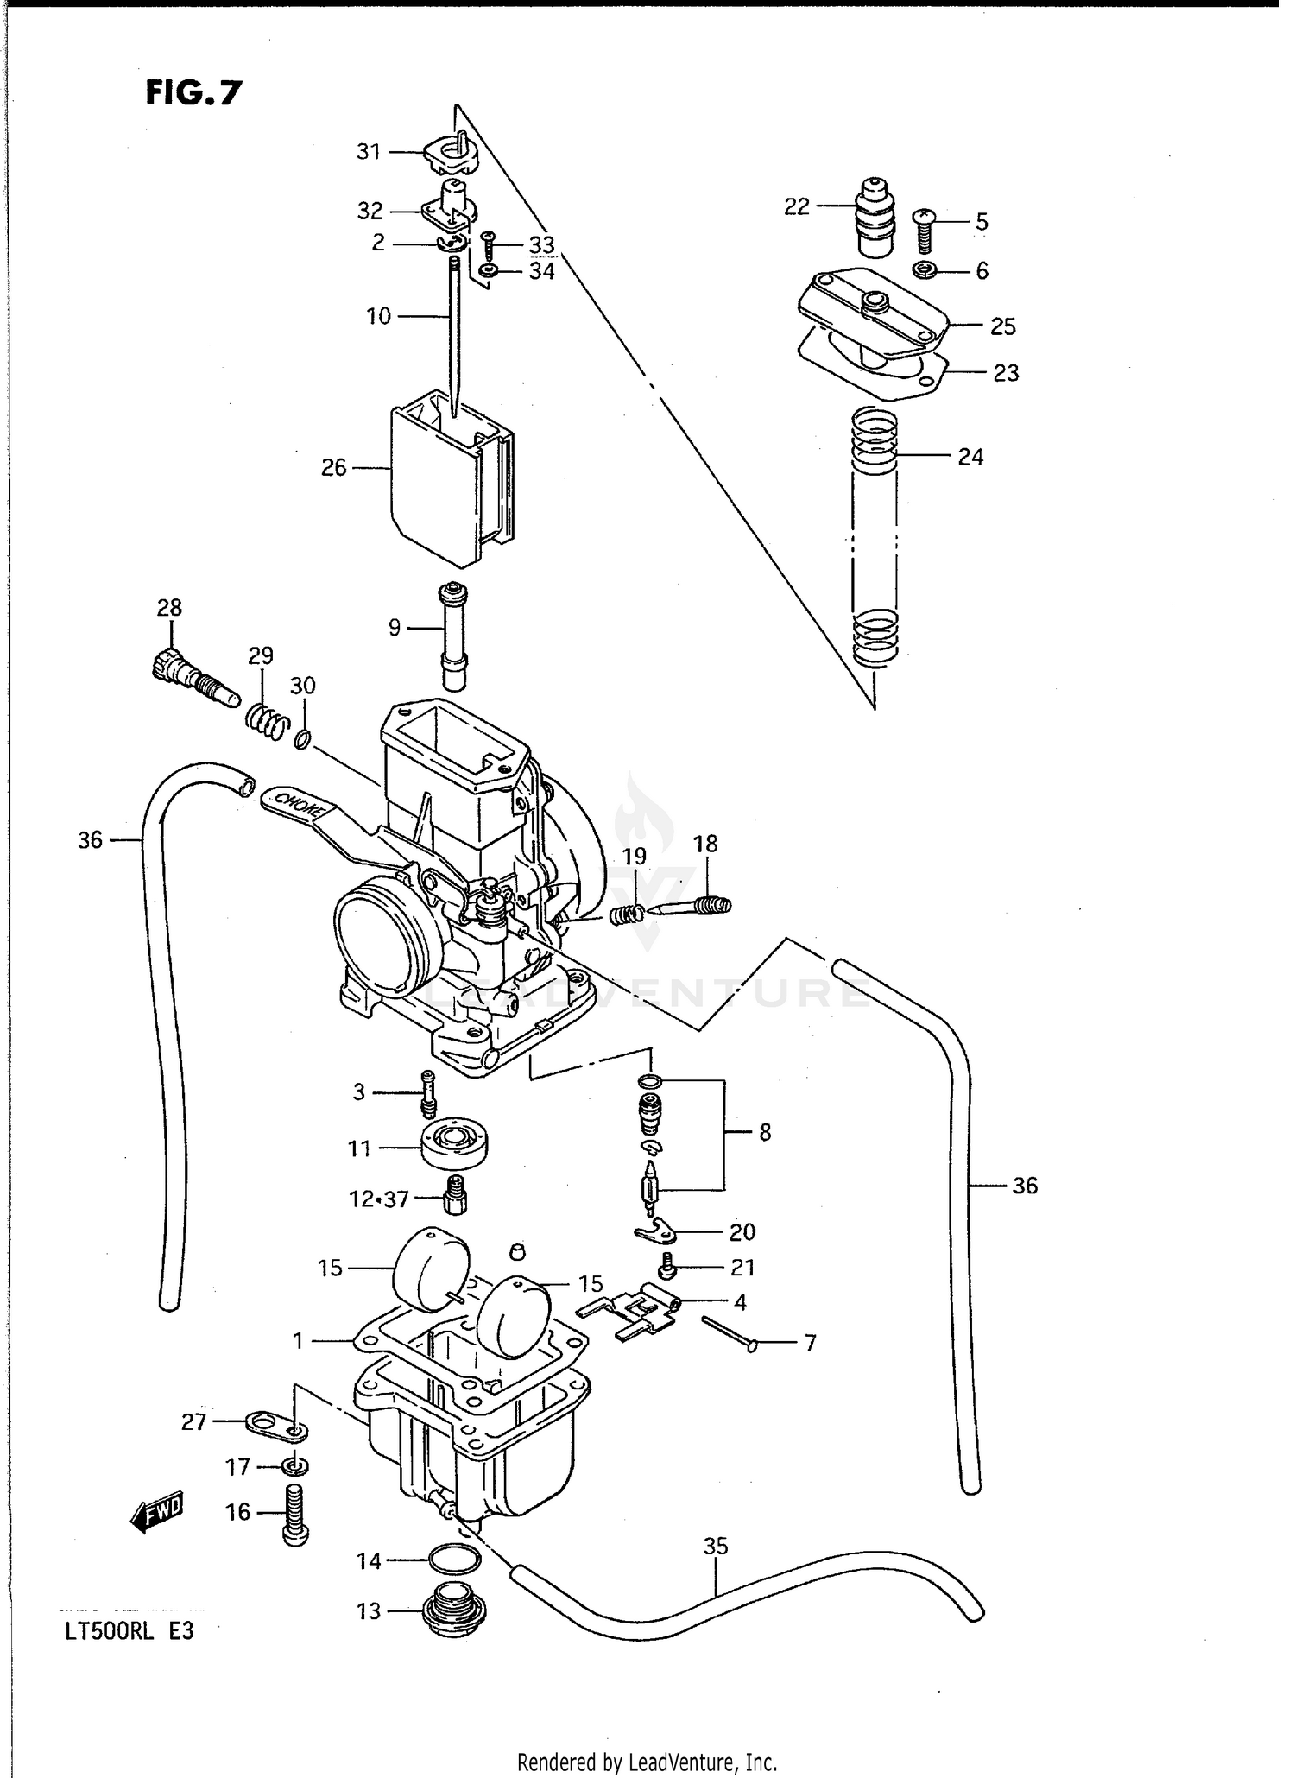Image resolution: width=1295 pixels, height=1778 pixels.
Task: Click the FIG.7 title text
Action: click(x=193, y=92)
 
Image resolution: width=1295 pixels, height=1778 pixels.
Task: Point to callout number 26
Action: click(x=333, y=468)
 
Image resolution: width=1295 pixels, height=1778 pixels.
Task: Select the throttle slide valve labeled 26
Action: click(x=449, y=484)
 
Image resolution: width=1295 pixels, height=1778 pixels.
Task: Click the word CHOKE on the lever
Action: click(x=296, y=805)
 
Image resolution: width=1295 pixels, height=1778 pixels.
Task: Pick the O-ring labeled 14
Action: click(x=454, y=1560)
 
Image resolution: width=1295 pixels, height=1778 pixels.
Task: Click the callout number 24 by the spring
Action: click(x=970, y=457)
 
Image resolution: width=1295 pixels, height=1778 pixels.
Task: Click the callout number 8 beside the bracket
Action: click(x=764, y=1132)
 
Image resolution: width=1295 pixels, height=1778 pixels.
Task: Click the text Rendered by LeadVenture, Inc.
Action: click(x=647, y=1761)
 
